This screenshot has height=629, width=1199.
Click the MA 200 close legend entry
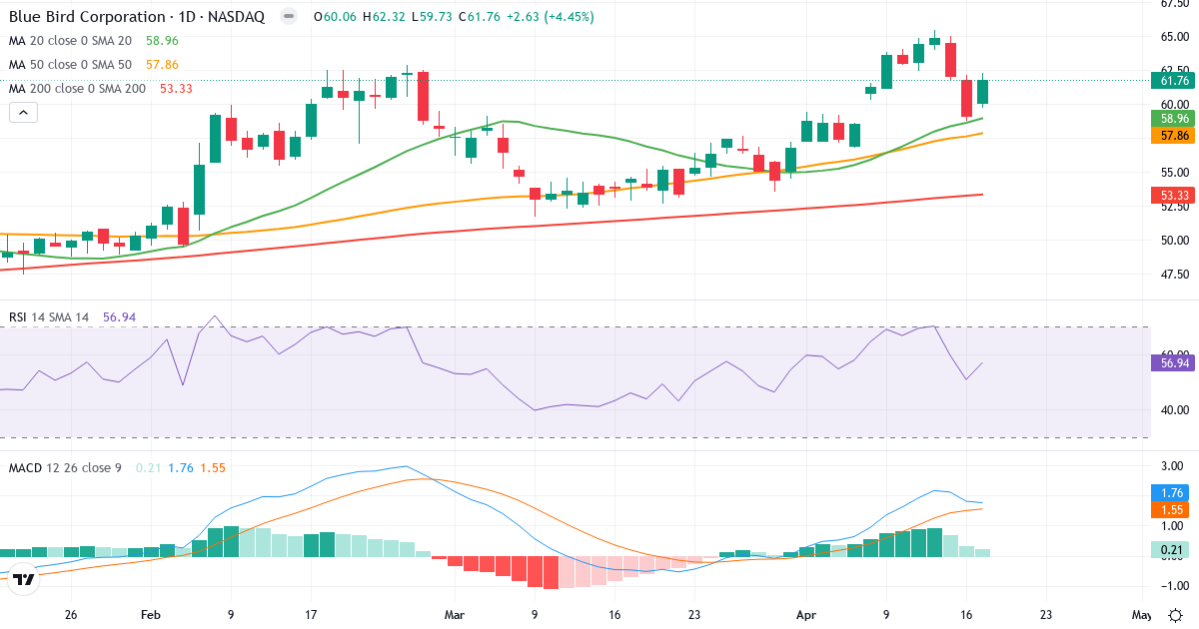77,89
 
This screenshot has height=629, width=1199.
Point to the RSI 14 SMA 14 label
49,317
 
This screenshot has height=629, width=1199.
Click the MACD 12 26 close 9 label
66,467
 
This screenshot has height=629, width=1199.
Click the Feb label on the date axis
151,615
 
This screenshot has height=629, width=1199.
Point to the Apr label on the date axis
805,615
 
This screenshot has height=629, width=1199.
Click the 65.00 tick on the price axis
1173,37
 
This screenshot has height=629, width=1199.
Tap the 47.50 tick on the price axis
1173,274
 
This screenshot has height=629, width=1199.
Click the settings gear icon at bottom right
1176,615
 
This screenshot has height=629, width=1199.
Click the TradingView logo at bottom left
25,578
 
